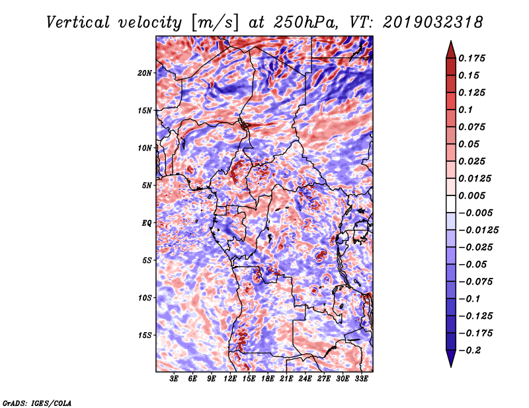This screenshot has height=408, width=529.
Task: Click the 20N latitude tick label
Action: click(x=145, y=73)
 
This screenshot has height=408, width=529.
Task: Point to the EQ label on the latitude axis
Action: click(x=147, y=222)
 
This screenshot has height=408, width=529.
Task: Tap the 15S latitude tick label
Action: click(x=145, y=335)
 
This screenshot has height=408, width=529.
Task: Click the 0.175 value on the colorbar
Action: click(x=473, y=58)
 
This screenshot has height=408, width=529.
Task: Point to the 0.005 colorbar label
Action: click(x=473, y=195)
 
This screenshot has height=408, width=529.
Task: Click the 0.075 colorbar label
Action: click(x=473, y=127)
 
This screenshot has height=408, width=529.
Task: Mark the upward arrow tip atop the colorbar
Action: click(x=450, y=44)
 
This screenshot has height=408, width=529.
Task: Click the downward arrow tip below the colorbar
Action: click(x=450, y=364)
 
